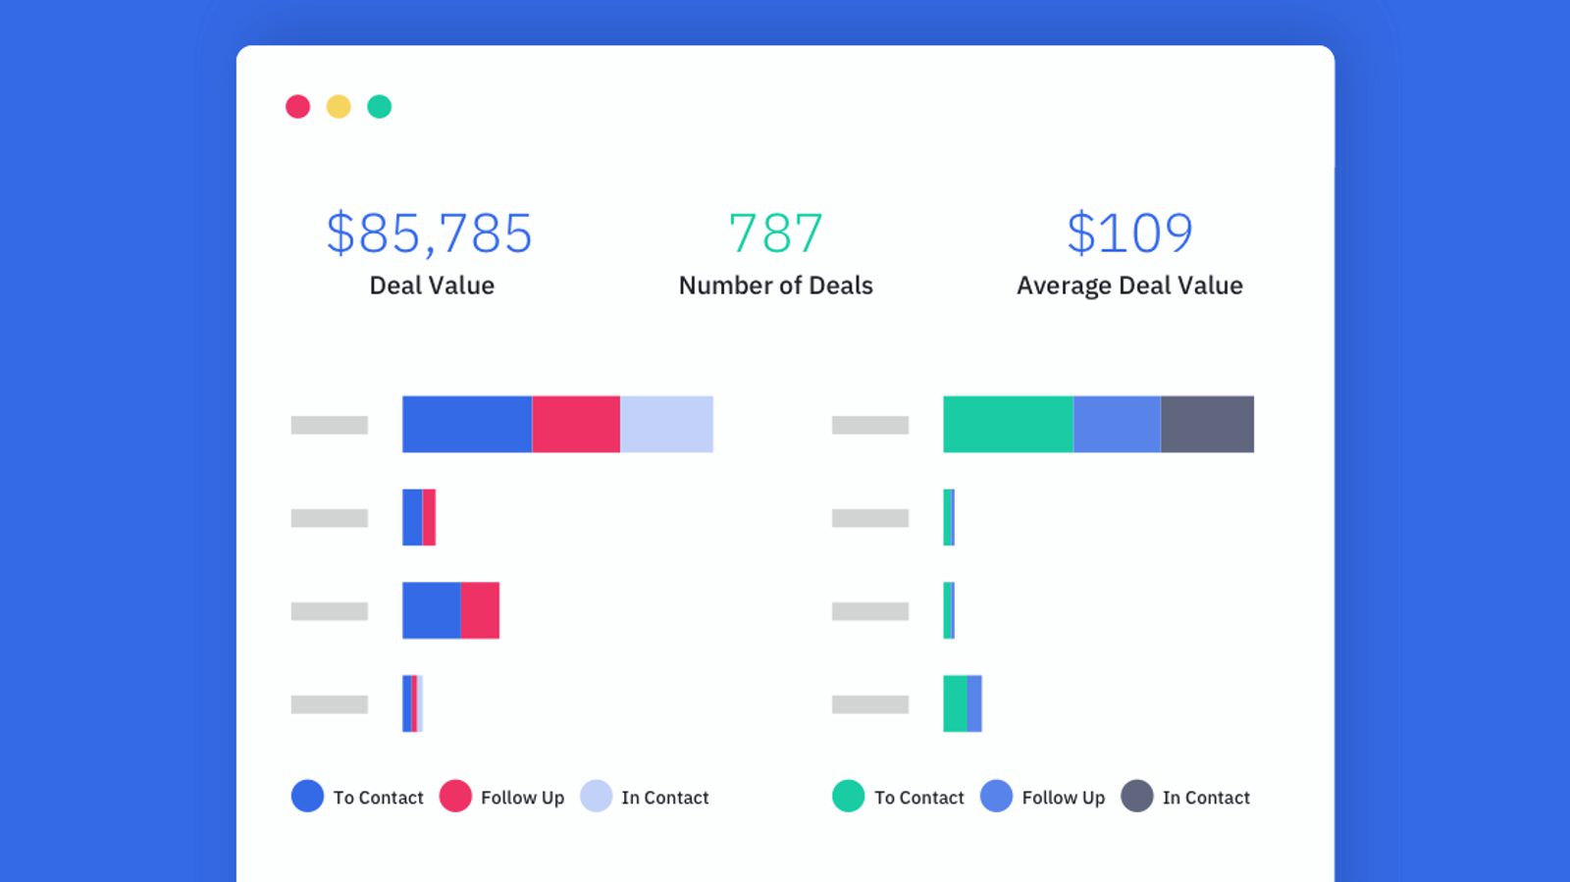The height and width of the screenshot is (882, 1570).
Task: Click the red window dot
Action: point(297,107)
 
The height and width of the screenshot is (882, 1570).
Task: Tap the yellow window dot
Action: point(339,107)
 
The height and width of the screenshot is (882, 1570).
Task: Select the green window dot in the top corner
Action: point(380,107)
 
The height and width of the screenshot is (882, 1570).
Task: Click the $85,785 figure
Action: point(430,233)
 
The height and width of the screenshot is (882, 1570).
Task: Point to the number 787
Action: point(775,233)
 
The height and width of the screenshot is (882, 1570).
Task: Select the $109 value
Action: point(1129,233)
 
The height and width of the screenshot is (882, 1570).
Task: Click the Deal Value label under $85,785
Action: point(432,285)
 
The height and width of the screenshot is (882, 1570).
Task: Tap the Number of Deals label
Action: point(775,285)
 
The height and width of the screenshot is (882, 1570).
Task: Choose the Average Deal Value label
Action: point(1129,285)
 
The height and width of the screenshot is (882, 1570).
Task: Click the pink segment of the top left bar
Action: point(576,424)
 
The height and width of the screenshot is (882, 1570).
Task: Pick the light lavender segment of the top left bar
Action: point(666,424)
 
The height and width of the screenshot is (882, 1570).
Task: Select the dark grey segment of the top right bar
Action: point(1207,424)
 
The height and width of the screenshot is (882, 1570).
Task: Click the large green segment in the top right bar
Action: point(1008,424)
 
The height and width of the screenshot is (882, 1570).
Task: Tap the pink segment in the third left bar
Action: point(480,610)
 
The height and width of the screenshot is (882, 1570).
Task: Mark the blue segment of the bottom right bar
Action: point(974,703)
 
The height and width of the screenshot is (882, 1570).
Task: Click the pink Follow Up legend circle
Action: point(455,796)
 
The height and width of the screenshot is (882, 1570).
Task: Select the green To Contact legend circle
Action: point(849,796)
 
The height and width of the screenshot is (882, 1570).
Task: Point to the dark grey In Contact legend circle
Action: point(1137,796)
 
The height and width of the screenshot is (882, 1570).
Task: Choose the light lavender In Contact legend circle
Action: point(597,796)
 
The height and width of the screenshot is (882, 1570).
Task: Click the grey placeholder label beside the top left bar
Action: point(330,425)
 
